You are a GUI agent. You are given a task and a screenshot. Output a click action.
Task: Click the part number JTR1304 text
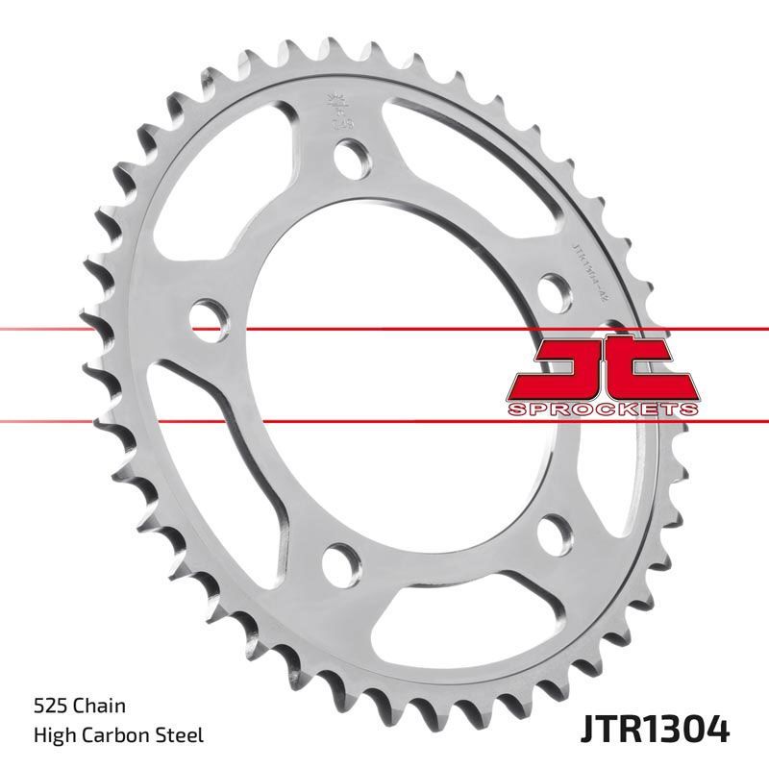click(x=656, y=731)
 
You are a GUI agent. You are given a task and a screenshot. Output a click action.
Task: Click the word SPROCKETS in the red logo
click(x=601, y=409)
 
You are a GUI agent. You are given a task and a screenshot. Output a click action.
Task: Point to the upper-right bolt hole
click(x=553, y=287)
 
